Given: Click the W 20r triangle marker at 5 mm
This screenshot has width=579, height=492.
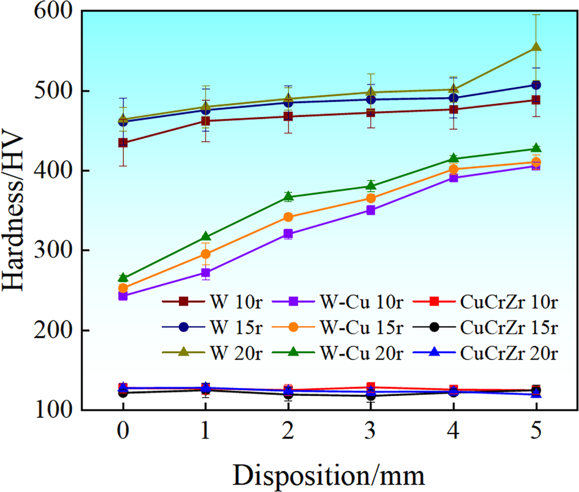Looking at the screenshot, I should coord(536,47).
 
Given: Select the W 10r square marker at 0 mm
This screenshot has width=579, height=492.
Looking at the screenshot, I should coord(123,142).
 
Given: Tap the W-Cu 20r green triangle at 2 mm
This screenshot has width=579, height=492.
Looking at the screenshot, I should coord(288,197).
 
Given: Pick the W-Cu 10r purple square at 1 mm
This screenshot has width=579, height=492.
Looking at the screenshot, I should coord(206,273).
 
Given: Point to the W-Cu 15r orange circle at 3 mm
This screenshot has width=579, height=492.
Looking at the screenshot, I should coord(371,199).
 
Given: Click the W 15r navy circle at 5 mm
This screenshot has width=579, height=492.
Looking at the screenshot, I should coord(536,85).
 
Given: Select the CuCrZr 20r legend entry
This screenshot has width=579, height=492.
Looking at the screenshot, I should coord(492,352).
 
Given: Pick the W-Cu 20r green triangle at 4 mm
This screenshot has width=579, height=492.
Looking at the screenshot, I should coord(453,159).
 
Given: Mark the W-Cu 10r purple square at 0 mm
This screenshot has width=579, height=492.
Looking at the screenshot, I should coord(123,296).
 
